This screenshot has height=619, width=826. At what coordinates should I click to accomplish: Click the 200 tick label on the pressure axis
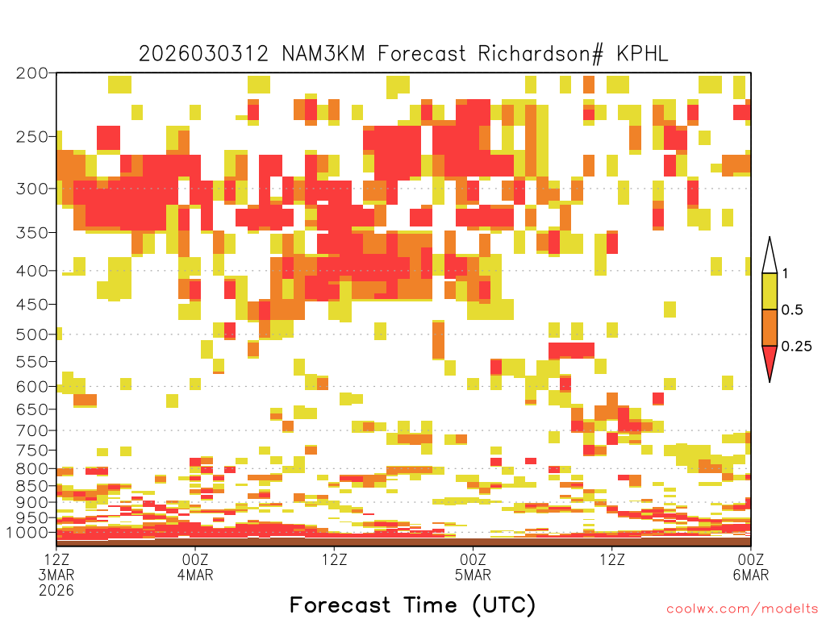click(x=31, y=73)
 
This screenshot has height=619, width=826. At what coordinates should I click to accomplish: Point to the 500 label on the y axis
click(x=31, y=334)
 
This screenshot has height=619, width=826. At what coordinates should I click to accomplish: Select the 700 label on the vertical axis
click(x=31, y=430)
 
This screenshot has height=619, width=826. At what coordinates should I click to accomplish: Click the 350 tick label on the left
click(x=31, y=233)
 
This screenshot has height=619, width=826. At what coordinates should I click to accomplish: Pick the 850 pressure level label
click(x=31, y=486)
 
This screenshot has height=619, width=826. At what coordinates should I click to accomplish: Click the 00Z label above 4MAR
click(x=195, y=559)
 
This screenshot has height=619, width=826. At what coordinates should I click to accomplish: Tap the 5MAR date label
click(x=473, y=575)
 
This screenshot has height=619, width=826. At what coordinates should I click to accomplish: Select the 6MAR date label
click(x=751, y=575)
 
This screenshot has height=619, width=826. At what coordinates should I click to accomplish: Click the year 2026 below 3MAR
click(x=56, y=591)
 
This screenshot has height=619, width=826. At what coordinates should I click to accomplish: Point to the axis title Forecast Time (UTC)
click(x=412, y=605)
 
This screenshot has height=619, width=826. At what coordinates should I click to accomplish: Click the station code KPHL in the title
click(x=642, y=54)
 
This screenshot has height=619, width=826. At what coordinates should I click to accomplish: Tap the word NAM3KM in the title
click(x=323, y=54)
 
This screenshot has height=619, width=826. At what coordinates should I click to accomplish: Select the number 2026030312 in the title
click(x=203, y=54)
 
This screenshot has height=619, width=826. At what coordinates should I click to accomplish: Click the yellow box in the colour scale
click(x=770, y=291)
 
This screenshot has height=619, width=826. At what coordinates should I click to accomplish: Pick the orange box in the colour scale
click(x=770, y=327)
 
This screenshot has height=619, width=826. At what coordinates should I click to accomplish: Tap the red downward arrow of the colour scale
click(x=770, y=360)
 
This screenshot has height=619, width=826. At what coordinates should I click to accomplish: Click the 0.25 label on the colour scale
click(x=796, y=347)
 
